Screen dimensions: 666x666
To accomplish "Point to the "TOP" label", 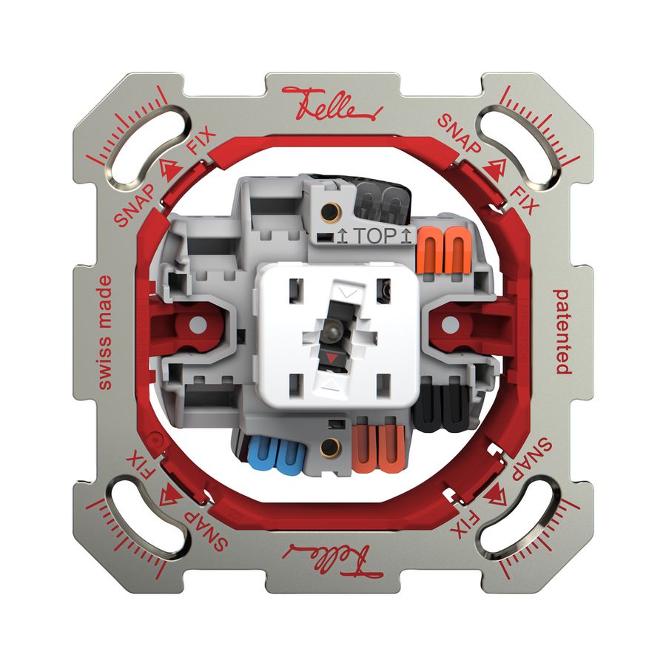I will pos(373,237).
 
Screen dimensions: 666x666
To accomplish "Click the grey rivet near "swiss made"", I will pos(197,324).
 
